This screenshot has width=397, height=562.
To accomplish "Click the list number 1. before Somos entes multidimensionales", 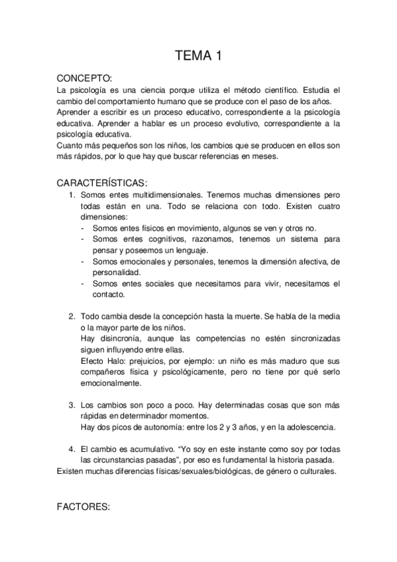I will point(72,196).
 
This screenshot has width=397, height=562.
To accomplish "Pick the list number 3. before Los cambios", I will point(72,404).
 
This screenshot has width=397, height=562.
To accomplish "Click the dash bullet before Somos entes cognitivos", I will point(82,239).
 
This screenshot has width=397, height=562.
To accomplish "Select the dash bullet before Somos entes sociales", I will point(82,284).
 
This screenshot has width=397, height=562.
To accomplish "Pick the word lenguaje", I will point(188,250).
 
